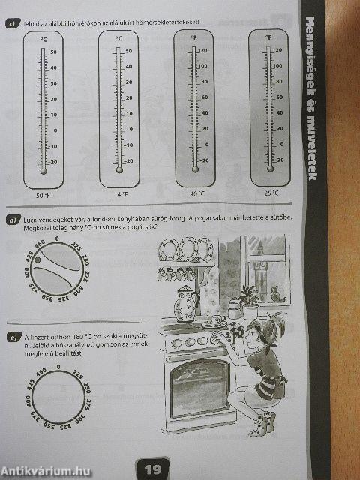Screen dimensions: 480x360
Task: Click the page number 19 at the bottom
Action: [x=152, y=469]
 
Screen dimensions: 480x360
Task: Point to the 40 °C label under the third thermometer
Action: [x=197, y=193]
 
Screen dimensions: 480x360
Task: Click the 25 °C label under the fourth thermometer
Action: [x=271, y=192]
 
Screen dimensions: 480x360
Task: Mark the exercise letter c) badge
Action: [x=12, y=24]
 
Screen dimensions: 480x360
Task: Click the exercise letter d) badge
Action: [x=12, y=220]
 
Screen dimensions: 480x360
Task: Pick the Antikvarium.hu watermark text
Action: [x=45, y=470]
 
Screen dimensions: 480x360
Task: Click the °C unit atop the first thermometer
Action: [x=43, y=37]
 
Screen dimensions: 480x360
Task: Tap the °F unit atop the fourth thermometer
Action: [x=268, y=35]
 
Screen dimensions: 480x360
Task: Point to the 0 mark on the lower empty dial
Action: [x=58, y=367]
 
